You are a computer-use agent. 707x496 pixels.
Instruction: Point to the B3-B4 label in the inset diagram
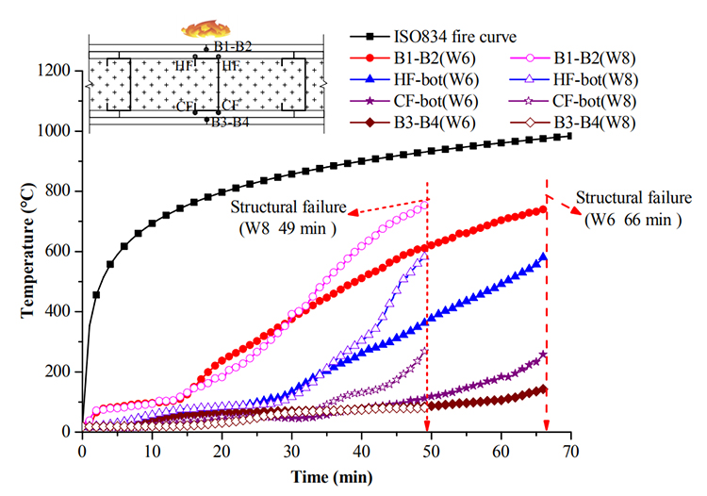click(231, 122)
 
